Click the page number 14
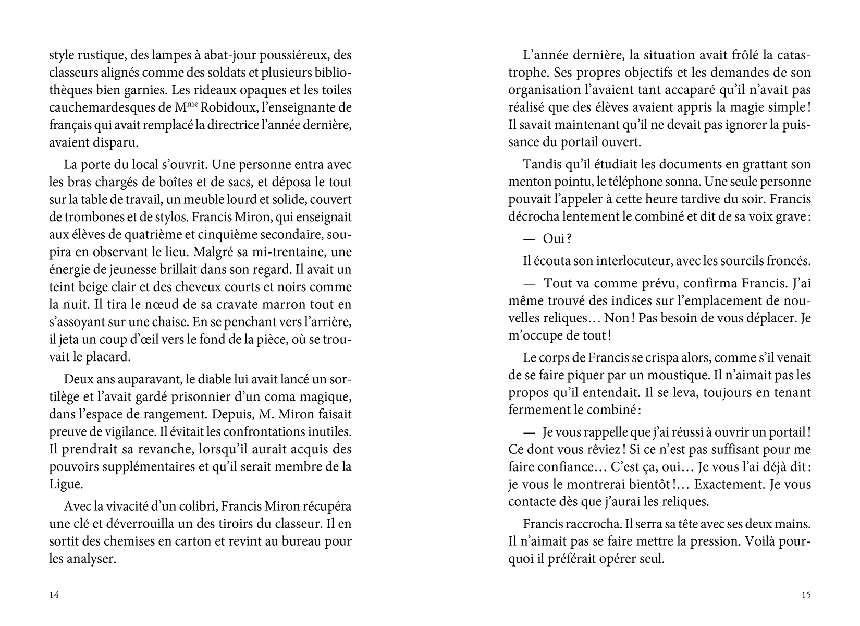pos(54,595)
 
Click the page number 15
pos(806,595)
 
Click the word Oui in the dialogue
pos(554,238)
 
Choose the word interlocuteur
pos(620,260)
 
